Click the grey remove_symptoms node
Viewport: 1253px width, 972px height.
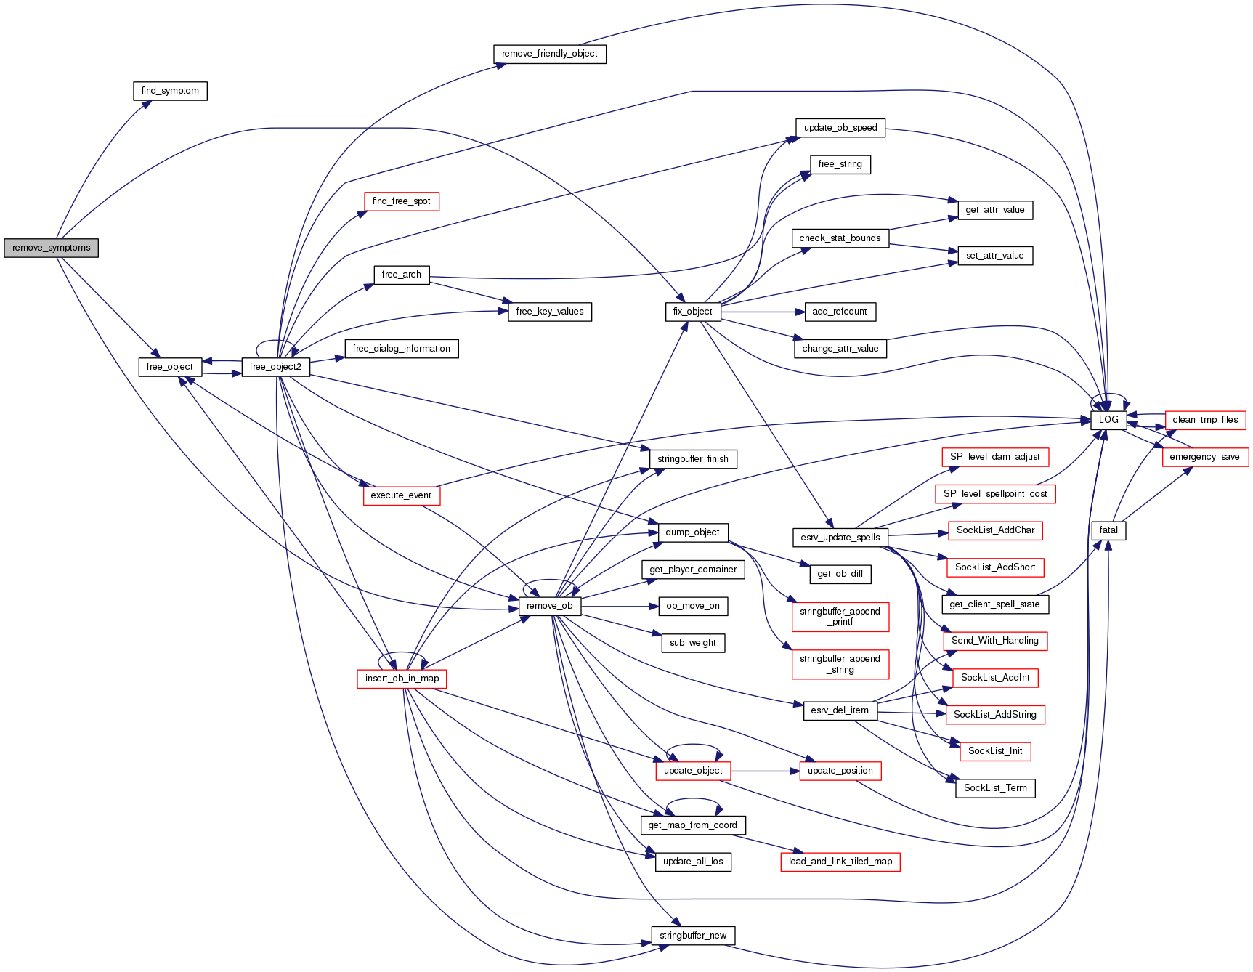[51, 248]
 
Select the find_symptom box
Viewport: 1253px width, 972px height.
[170, 91]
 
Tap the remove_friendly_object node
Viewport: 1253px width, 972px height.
[549, 54]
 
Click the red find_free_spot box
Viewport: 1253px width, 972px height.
[401, 201]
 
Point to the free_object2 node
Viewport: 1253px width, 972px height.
[275, 367]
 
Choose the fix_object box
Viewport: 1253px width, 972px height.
[692, 312]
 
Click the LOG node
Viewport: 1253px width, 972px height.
[1108, 420]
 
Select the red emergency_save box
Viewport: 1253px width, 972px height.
[1204, 457]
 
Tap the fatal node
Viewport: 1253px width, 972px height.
[1108, 530]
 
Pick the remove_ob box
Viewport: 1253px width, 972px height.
[549, 606]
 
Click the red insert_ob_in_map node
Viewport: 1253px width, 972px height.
[402, 679]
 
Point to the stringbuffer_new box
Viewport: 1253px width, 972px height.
[692, 936]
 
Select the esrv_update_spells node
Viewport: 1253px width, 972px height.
[840, 538]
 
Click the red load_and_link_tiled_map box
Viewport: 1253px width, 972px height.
[840, 862]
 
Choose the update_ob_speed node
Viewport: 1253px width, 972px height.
[840, 128]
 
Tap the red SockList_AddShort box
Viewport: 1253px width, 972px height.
[995, 567]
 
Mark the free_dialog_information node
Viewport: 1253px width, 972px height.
[401, 349]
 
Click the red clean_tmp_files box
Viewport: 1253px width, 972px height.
[1205, 420]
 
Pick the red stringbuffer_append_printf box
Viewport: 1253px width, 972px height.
[840, 617]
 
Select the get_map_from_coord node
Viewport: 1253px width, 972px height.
[692, 825]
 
